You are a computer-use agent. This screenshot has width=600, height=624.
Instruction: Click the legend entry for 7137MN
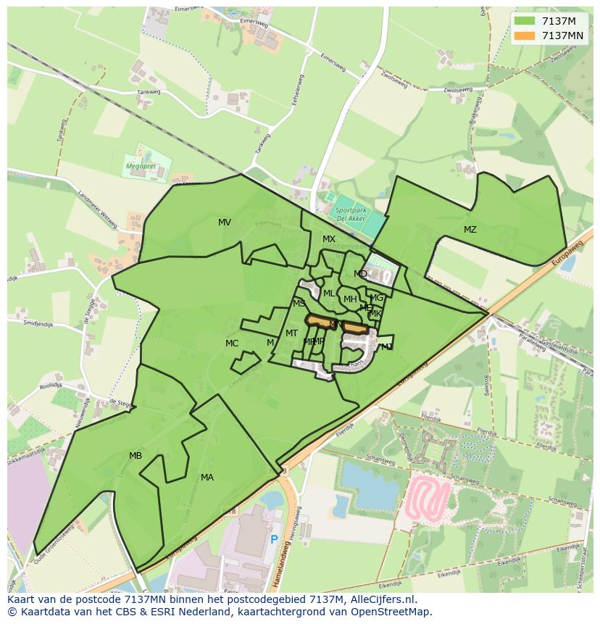coord(562,36)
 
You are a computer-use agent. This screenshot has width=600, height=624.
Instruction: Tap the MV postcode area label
coord(225,222)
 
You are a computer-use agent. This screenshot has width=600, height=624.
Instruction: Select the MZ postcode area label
coord(470,230)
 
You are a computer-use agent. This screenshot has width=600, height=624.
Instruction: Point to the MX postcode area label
coord(329,239)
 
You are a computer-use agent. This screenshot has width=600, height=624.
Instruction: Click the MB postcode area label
coord(136,456)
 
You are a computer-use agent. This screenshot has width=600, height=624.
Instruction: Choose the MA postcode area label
coord(207,478)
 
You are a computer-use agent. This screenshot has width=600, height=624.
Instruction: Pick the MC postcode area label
coord(232,344)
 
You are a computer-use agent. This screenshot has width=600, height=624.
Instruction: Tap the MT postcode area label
coord(291,333)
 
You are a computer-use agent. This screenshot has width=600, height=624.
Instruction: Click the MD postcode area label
coord(360,274)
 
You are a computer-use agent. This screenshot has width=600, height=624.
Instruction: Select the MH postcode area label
coord(350,299)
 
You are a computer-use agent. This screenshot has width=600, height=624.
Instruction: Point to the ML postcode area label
coord(329,294)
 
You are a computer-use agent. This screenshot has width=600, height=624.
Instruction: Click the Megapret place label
coord(141,166)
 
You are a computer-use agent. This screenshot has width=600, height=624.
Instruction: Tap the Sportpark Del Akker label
coord(350,213)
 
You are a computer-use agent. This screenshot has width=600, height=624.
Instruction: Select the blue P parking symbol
coord(274,539)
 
